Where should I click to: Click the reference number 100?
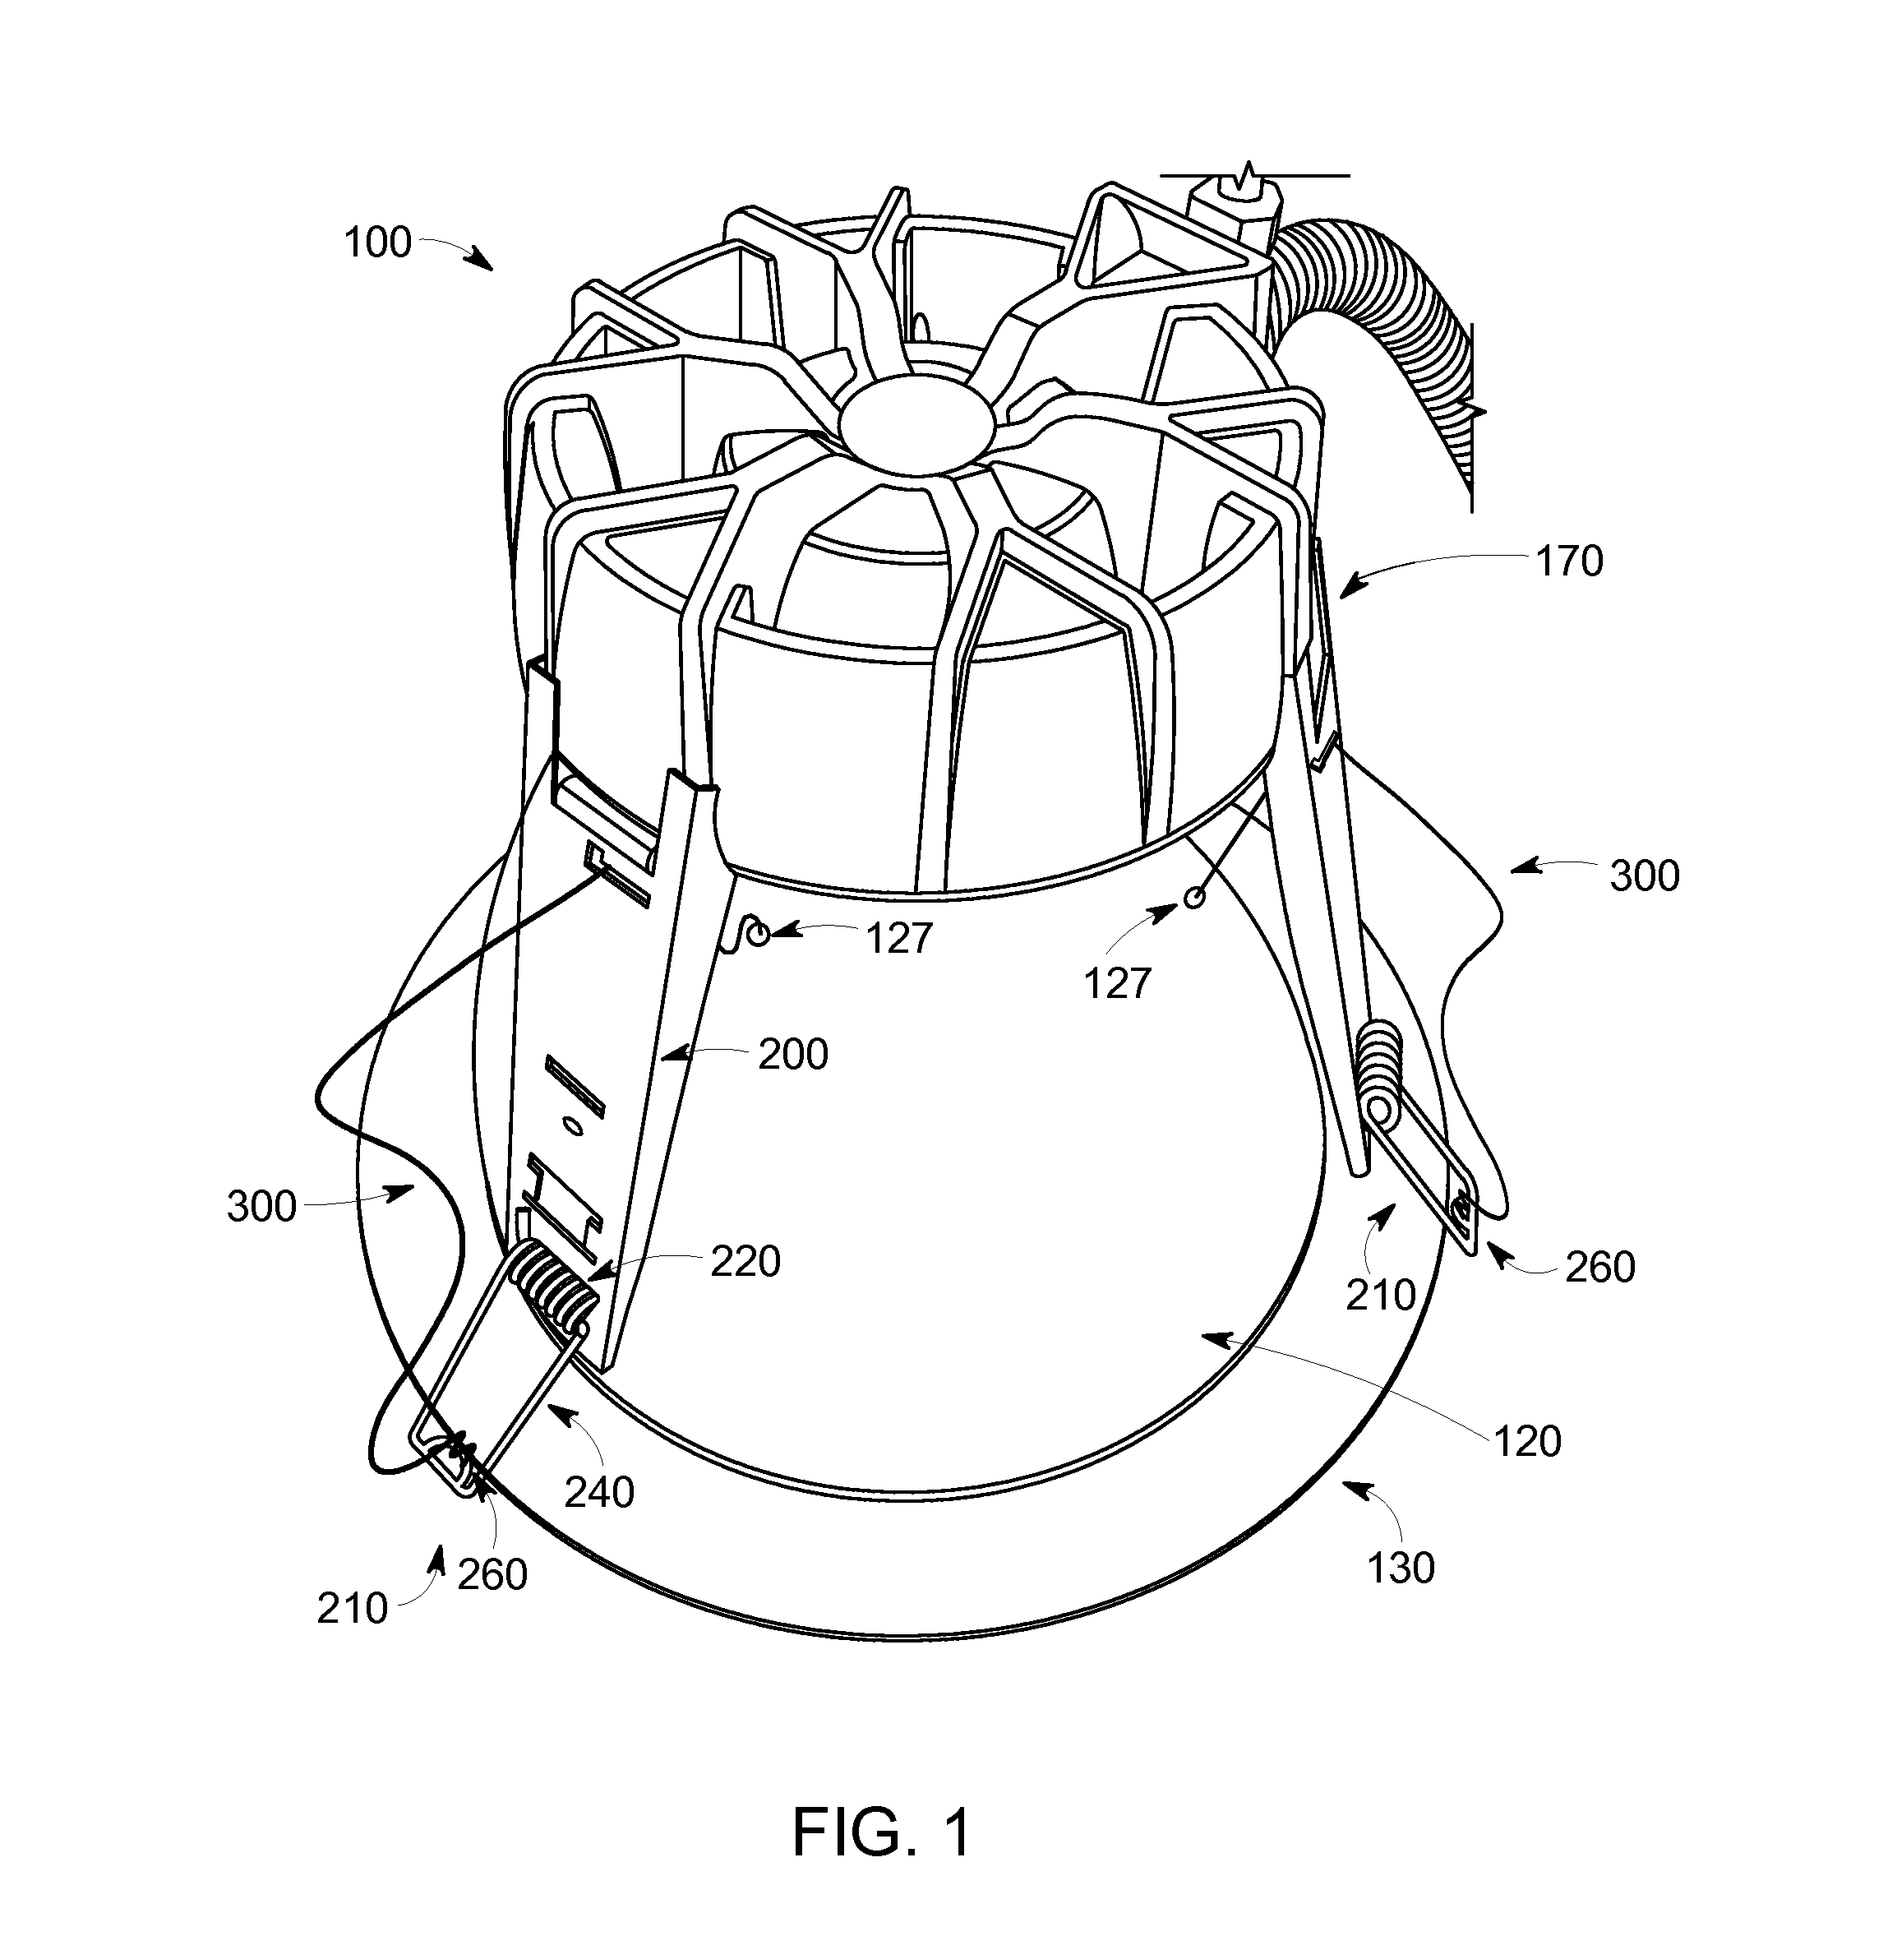coord(378,243)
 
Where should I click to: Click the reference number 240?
coord(600,1492)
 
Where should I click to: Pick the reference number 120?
coord(1527,1441)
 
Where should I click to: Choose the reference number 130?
coord(1401,1569)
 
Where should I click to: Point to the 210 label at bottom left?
coord(352,1608)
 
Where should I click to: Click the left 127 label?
coord(899,937)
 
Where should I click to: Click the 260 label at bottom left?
coord(492,1574)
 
